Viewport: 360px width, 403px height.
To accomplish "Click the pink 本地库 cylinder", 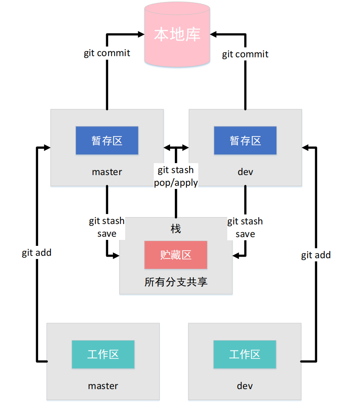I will [177, 35].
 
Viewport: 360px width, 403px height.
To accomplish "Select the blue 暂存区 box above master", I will [107, 140].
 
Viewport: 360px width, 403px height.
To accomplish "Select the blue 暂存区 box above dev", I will [245, 140].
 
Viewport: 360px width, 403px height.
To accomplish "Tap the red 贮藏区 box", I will [176, 255].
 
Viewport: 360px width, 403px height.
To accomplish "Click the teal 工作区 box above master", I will [103, 354].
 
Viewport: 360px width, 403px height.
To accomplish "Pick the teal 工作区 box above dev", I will [245, 354].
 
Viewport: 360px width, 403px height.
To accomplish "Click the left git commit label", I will [107, 53].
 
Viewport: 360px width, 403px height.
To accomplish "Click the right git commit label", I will [245, 54].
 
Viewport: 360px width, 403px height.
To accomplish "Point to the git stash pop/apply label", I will [176, 176].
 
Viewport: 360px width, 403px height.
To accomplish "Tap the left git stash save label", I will [106, 227].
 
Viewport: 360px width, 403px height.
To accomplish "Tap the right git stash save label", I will [245, 227].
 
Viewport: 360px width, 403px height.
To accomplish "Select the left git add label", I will [37, 253].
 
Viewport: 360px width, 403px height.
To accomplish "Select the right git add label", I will [316, 255].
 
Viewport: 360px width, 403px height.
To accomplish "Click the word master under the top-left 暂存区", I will [107, 172].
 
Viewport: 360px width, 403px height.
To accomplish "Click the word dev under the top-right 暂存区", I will [245, 172].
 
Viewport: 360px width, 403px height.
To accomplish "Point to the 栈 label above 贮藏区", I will [176, 229].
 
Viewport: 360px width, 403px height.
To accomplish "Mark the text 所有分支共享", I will [176, 282].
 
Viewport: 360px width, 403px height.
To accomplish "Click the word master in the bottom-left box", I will [103, 385].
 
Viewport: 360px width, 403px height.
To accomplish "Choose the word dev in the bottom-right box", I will [245, 385].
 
